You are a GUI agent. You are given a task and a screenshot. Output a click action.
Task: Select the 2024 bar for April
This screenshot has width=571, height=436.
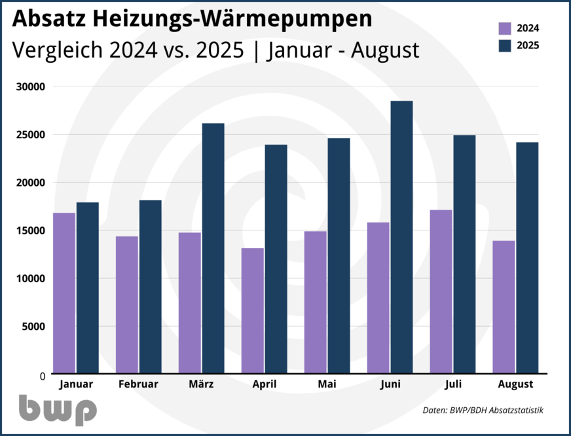pos(253,311)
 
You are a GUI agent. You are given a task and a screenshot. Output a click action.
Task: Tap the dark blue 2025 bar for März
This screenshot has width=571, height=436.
pos(213,248)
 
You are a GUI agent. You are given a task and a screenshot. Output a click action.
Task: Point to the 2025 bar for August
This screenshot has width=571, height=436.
pos(526,258)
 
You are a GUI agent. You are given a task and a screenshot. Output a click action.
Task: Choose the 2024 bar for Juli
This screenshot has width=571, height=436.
pos(441,292)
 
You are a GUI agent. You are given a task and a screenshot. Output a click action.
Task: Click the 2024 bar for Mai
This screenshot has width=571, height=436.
pos(316,302)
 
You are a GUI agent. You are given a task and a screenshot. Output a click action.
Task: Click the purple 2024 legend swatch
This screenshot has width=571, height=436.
pos(505,28)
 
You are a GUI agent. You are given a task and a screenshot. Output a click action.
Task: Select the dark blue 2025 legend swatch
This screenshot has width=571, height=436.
pos(505,46)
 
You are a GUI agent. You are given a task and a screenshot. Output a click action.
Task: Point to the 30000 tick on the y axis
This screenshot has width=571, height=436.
pos(30,87)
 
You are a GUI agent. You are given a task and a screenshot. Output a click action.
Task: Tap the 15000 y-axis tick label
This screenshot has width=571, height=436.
pos(30,230)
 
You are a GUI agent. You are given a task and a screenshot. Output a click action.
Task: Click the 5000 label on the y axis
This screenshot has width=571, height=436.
pos(33,326)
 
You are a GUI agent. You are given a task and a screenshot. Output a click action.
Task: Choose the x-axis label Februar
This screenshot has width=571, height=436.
pos(139,384)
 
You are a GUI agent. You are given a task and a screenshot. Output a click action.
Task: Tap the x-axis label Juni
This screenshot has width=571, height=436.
pos(390,384)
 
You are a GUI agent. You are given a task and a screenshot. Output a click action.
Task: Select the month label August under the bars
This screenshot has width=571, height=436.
pos(515,384)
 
